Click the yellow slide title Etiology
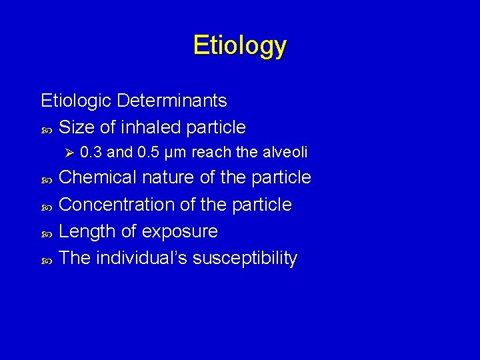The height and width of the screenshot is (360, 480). click(x=240, y=45)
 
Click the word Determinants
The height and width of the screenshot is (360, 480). click(x=171, y=101)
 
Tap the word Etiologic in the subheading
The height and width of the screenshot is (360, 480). click(x=76, y=101)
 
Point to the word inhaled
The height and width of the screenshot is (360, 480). click(x=151, y=127)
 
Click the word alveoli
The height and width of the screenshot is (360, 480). click(x=284, y=153)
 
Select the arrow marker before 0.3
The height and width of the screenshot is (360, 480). click(x=67, y=153)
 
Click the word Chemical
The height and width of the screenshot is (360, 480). click(x=98, y=177)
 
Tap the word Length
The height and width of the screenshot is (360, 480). click(x=85, y=231)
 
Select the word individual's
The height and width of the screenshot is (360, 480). click(x=141, y=258)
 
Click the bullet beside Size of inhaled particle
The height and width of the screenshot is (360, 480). click(x=46, y=127)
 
